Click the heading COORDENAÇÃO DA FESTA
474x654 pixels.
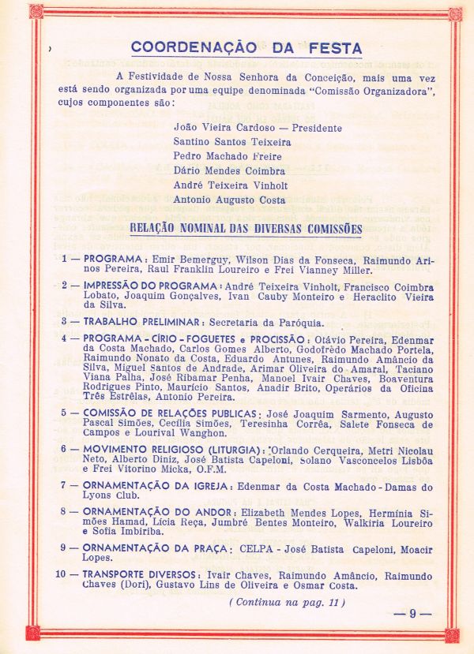point(246,47)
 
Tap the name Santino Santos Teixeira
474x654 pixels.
point(232,142)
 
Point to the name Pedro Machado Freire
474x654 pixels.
point(228,156)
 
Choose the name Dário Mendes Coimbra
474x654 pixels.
point(230,170)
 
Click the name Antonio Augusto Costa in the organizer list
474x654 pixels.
point(230,200)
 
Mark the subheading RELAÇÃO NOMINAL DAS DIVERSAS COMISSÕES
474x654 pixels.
point(246,230)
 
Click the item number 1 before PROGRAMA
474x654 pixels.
point(66,259)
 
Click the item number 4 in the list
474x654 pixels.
point(66,338)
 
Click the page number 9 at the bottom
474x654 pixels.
point(412,614)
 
